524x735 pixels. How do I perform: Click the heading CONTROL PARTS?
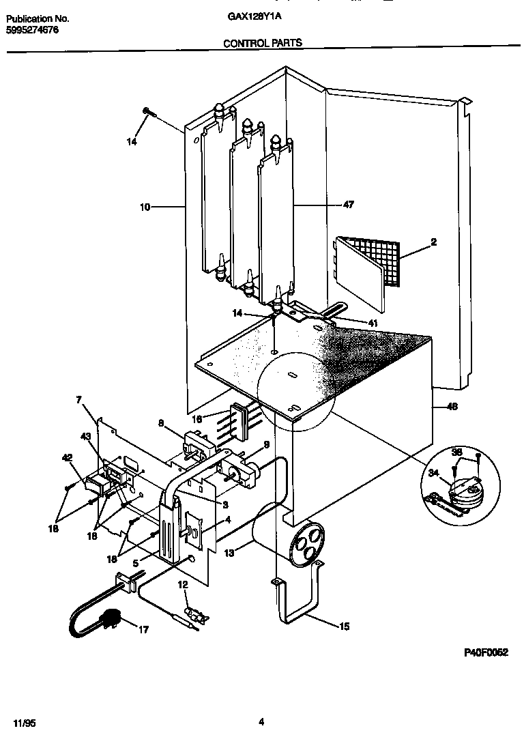263,42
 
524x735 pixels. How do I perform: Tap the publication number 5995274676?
33,30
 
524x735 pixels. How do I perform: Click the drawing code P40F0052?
486,652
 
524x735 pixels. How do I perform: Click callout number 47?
349,205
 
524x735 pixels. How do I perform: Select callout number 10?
145,205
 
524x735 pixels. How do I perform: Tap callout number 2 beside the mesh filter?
433,242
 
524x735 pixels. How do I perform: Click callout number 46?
452,407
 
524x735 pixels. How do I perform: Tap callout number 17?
143,629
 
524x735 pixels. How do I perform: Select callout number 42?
67,458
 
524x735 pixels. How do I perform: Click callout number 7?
78,399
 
